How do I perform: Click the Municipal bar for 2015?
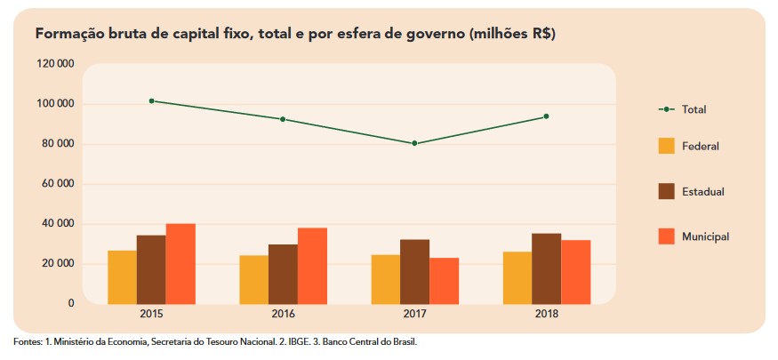(x=180, y=264)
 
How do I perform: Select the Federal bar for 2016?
(x=253, y=280)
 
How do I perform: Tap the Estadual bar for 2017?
(x=414, y=272)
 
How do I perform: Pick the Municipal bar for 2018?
(x=575, y=272)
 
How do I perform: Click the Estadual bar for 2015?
(x=151, y=269)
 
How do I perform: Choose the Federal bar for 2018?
(x=517, y=278)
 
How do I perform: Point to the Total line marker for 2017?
(x=414, y=143)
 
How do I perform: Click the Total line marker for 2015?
(x=152, y=101)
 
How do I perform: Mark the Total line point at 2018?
(x=546, y=116)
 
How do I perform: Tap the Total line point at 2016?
(x=283, y=119)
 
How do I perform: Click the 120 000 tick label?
(x=55, y=65)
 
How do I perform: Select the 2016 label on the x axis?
(x=283, y=315)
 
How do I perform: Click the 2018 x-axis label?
(x=546, y=315)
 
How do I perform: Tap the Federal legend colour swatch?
(x=666, y=146)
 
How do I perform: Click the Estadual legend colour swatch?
(x=666, y=191)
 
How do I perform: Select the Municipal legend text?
(x=706, y=236)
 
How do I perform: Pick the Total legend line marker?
(x=666, y=108)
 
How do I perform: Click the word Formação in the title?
(x=68, y=34)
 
